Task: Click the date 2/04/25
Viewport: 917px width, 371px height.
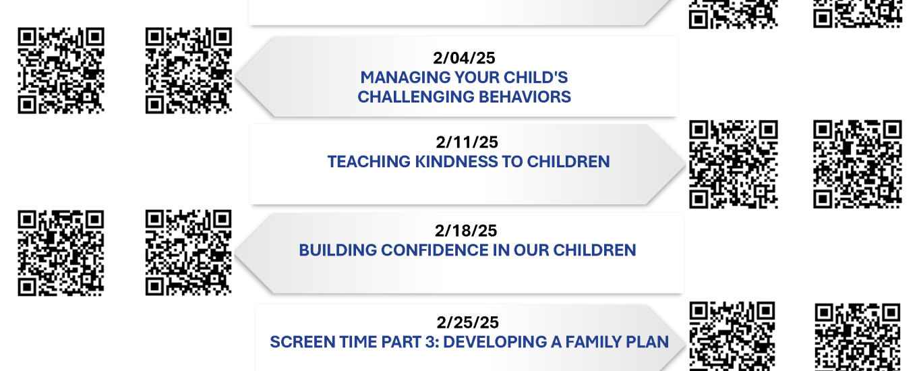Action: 464,58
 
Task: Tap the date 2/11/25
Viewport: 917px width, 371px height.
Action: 467,142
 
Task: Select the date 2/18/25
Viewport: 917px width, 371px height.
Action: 466,231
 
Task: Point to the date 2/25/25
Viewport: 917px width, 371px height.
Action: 467,322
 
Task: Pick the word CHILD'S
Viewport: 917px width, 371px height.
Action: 536,78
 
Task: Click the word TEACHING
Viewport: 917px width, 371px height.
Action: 369,162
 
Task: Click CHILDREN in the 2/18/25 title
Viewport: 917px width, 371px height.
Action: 595,250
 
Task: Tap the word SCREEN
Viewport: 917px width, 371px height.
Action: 303,342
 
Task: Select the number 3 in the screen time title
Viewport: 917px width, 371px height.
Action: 431,342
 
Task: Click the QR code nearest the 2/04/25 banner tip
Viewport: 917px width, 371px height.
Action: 189,70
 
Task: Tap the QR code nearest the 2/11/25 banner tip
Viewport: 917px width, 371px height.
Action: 733,164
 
